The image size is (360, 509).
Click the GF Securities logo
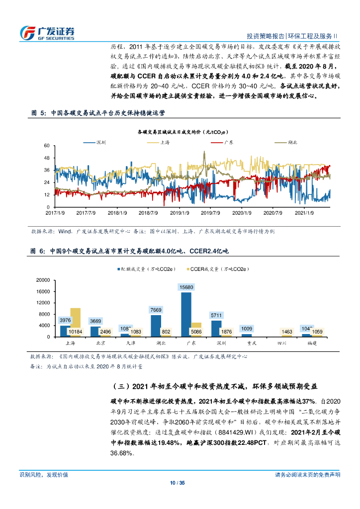(x=47, y=32)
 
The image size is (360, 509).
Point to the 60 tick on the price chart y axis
(x=47, y=146)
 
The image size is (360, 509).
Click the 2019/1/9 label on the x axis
(x=180, y=213)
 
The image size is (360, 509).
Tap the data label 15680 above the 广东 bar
(x=186, y=287)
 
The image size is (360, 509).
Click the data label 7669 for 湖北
(x=156, y=310)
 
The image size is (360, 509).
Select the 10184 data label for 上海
(x=76, y=332)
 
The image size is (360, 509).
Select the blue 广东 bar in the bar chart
(x=186, y=314)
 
